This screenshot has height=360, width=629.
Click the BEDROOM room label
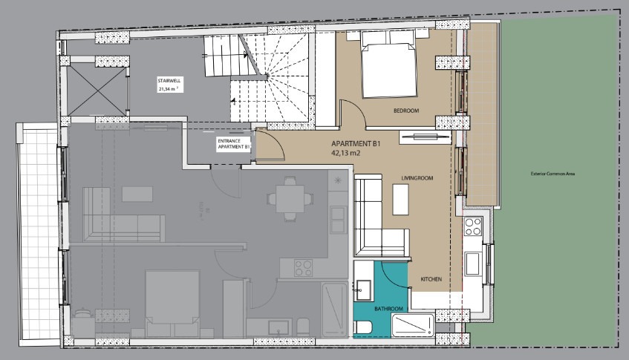pyautogui.click(x=406, y=111)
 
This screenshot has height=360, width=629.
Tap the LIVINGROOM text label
pyautogui.click(x=417, y=178)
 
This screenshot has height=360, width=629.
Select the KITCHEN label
pyautogui.click(x=431, y=279)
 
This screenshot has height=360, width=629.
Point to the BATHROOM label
pyautogui.click(x=388, y=309)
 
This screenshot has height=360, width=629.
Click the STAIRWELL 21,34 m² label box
pyautogui.click(x=170, y=85)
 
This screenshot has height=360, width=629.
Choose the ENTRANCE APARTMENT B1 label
pyautogui.click(x=234, y=144)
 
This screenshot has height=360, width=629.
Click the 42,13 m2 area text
pyautogui.click(x=346, y=153)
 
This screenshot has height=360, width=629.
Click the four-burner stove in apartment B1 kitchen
pyautogui.click(x=473, y=226)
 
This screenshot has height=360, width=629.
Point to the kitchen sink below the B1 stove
pyautogui.click(x=472, y=264)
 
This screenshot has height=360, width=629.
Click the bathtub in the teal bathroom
pyautogui.click(x=413, y=325)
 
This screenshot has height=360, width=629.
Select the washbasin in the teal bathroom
pyautogui.click(x=363, y=289)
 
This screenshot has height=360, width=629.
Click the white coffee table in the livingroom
pyautogui.click(x=400, y=199)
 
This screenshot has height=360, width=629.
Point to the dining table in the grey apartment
pyautogui.click(x=290, y=198)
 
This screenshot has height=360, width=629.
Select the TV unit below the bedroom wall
pyautogui.click(x=426, y=137)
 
